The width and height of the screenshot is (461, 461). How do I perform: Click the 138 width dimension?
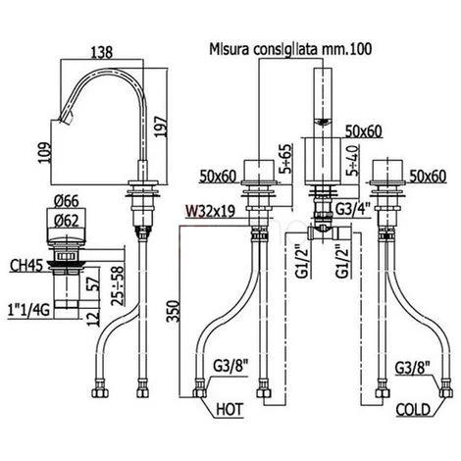click(x=102, y=52)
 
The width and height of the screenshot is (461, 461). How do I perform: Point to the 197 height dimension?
click(x=161, y=127)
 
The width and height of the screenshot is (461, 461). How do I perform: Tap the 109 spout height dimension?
click(x=44, y=152)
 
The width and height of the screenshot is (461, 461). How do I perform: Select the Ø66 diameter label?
click(x=67, y=201)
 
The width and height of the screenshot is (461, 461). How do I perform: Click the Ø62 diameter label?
click(x=67, y=222)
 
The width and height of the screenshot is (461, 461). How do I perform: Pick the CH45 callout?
click(x=26, y=266)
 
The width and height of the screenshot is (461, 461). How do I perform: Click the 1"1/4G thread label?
click(x=29, y=310)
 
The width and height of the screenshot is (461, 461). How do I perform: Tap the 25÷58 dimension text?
click(x=118, y=285)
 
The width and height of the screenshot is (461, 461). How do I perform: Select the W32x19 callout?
click(x=210, y=211)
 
